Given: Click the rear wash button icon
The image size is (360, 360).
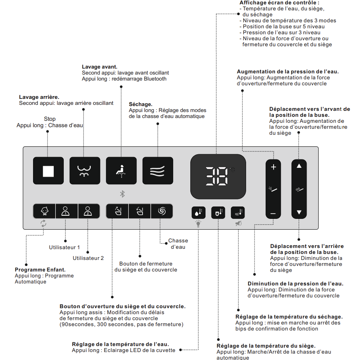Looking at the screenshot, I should pos(84,171).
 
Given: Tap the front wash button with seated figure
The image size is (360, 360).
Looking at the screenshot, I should pos(121,171).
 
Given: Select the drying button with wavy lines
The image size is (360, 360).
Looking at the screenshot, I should pos(158,171).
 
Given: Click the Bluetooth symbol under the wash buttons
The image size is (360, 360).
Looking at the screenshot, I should pos(123,194).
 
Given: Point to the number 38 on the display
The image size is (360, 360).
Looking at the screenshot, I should pos(217,176).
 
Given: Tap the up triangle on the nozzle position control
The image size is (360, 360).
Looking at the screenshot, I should pos(299,166).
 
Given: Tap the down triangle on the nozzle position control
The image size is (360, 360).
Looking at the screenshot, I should pos(299,213).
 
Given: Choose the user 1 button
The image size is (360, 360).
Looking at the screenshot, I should pos(66,211).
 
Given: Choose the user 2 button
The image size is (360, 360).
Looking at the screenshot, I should pos(88,211).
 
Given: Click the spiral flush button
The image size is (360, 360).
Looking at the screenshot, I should pos(162,211).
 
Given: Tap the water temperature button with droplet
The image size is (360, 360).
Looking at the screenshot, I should pos(198,212).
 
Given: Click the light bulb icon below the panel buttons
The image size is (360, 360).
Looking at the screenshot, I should pos(198,224).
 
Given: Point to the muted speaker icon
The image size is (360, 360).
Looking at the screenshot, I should pos(238,224).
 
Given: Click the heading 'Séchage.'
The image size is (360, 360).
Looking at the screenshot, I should pos(141,104).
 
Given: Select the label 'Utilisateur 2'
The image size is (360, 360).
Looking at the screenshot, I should pos(88,258).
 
